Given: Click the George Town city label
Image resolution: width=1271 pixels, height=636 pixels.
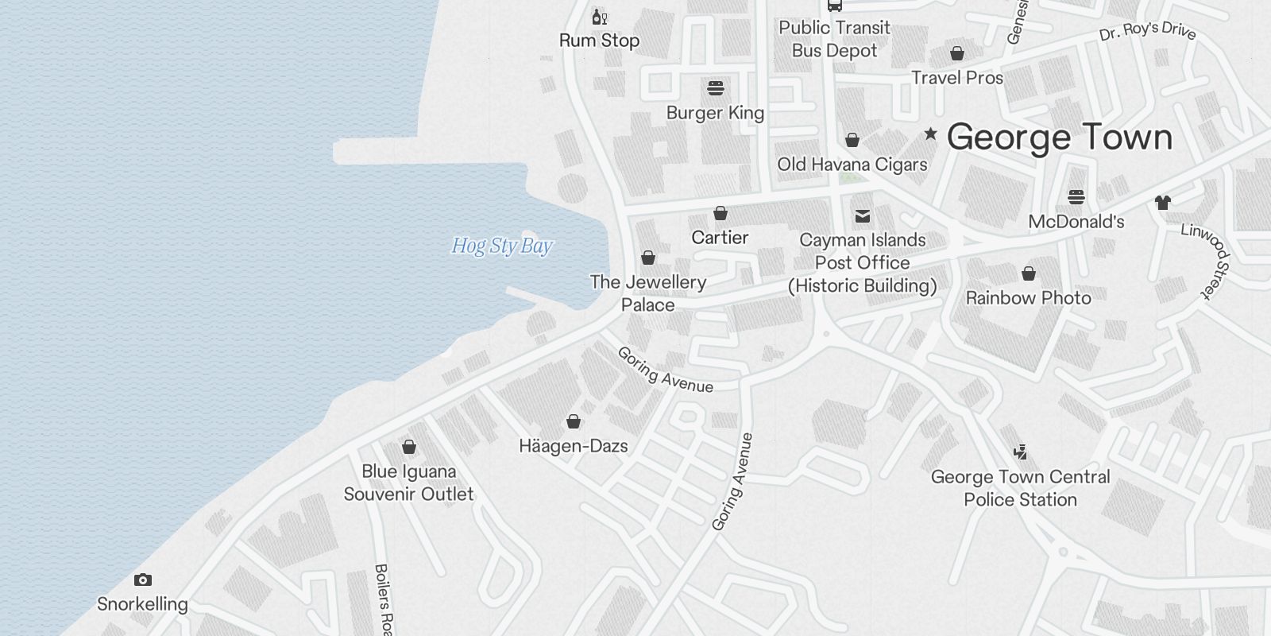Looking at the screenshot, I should point(1060,137).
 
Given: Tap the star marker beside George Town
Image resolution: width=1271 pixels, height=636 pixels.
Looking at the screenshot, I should point(930,134).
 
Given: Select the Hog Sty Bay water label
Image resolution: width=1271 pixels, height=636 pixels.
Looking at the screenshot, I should point(502,246).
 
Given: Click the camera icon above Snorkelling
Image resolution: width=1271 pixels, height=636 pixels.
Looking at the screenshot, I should point(143,580).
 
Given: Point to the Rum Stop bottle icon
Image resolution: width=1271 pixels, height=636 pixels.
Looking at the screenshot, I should point(599,17).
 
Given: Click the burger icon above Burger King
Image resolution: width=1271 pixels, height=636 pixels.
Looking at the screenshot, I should point(716,88).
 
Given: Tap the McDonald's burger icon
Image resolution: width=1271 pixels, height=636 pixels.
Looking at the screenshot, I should point(1076,197).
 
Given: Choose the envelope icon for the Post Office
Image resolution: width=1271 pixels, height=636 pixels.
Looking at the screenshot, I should point(862,216).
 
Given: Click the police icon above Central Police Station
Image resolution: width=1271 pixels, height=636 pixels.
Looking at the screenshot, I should point(1021,452).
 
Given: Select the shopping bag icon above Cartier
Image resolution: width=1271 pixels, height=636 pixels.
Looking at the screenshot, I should point(720,213).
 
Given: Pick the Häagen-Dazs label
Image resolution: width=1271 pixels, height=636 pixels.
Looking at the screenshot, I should point(574,446).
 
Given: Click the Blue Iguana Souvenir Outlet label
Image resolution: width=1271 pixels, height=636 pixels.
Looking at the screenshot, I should point(408,483).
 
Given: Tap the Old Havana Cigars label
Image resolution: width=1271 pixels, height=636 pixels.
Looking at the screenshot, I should point(852,165).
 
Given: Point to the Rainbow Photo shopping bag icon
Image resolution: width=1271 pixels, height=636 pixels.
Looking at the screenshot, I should point(1029,274).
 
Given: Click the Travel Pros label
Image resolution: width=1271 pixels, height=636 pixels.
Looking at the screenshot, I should point(957,78).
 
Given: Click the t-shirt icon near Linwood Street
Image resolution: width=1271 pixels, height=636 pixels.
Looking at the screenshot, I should point(1163,202).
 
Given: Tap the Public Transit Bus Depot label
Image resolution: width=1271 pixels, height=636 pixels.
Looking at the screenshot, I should point(834,39).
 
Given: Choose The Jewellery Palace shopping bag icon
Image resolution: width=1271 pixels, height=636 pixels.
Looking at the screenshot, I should point(648,258).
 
